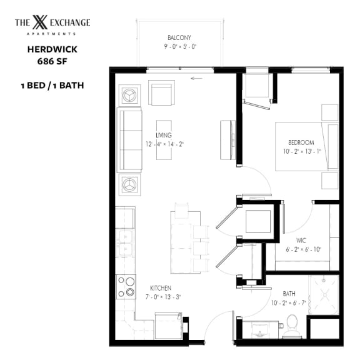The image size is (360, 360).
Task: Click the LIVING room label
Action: point(164,135)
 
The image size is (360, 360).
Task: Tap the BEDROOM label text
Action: point(299,142)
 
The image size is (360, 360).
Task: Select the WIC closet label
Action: point(301,241)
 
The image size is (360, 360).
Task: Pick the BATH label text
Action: point(288,292)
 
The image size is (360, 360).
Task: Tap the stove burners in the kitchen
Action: point(126,286)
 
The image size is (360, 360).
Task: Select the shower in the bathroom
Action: point(324,294)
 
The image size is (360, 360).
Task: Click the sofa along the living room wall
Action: point(129,141)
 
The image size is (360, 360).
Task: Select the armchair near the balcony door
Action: point(161,92)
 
